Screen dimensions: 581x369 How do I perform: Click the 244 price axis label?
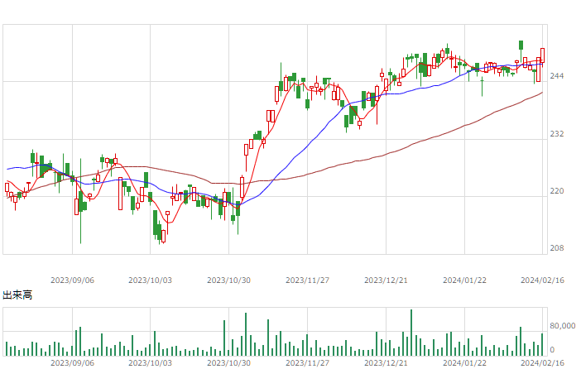pyautogui.click(x=556, y=76)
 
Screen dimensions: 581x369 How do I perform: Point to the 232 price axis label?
pyautogui.click(x=556, y=134)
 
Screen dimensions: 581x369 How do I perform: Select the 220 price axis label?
pyautogui.click(x=556, y=191)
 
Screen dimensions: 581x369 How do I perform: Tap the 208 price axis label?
pyautogui.click(x=556, y=248)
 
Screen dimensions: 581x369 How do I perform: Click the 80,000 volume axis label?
pyautogui.click(x=563, y=326)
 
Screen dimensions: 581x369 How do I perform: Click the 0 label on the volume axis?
pyautogui.click(x=552, y=350)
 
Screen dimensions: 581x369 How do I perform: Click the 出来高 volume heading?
pyautogui.click(x=17, y=295)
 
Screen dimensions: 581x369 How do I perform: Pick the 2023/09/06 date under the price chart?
pyautogui.click(x=72, y=280)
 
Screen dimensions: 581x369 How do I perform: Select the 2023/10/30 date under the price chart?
pyautogui.click(x=228, y=280)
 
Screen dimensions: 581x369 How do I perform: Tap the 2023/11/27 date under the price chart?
pyautogui.click(x=307, y=280)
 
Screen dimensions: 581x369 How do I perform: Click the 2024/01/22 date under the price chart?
pyautogui.click(x=464, y=280)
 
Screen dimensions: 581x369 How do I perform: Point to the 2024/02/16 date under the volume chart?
pyautogui.click(x=542, y=362)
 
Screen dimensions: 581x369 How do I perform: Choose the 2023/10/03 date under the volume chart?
pyautogui.click(x=150, y=362)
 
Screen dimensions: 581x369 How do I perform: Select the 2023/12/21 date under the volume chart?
pyautogui.click(x=386, y=362)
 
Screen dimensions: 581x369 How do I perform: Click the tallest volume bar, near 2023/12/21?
pyautogui.click(x=411, y=333)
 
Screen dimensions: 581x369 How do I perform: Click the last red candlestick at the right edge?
pyautogui.click(x=542, y=55)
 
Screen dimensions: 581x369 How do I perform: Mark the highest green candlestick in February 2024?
pyautogui.click(x=521, y=46)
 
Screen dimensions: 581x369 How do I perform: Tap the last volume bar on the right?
pyautogui.click(x=542, y=344)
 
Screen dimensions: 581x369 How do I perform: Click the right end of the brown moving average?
pyautogui.click(x=542, y=93)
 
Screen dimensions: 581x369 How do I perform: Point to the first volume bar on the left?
pyautogui.click(x=7, y=348)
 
